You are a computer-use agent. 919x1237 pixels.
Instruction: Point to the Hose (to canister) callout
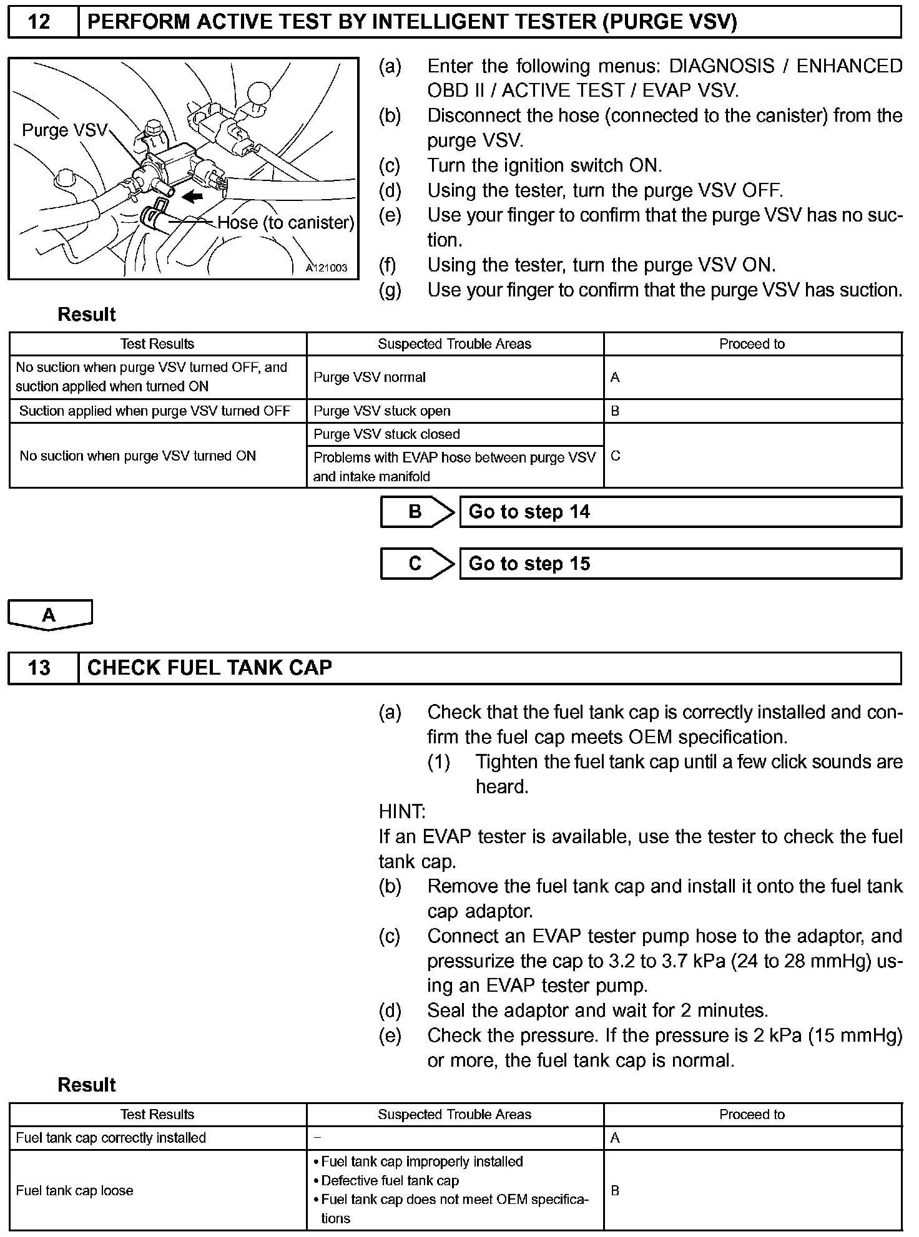[285, 223]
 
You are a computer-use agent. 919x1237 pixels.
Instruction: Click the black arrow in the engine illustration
[193, 197]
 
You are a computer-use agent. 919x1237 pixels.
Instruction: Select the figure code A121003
[326, 268]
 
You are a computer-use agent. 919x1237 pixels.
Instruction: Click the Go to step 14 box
[680, 512]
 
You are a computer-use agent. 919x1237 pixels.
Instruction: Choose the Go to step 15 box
[680, 564]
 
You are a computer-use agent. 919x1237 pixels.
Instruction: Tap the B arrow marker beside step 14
[416, 512]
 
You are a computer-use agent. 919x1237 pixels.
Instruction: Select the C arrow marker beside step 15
[416, 564]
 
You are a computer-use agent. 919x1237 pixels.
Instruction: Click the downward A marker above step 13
[50, 615]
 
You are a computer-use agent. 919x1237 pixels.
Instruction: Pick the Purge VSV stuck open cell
[455, 411]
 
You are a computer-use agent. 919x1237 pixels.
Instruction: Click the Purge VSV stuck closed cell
[455, 434]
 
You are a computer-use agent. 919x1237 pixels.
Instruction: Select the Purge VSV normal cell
[455, 378]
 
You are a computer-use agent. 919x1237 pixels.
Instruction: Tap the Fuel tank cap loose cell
[157, 1191]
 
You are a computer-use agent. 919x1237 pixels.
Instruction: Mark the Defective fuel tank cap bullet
[390, 1181]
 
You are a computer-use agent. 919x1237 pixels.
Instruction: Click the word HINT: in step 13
[402, 812]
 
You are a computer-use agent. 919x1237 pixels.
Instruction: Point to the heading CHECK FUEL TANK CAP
[210, 668]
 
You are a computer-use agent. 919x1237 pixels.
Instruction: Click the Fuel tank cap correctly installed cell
[157, 1138]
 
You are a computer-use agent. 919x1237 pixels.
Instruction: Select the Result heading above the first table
[87, 315]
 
